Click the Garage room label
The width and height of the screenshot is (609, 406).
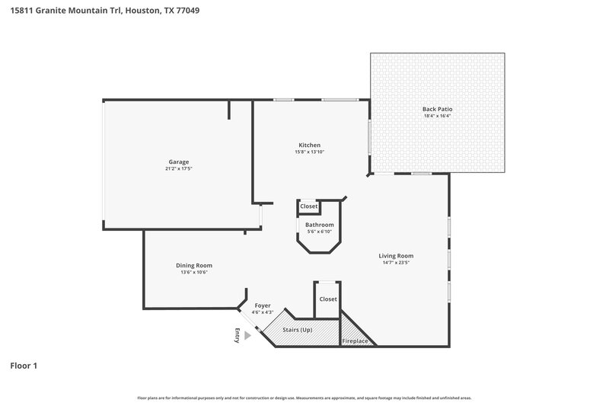click(179, 161)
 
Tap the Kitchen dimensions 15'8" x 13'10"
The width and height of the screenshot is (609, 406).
click(309, 152)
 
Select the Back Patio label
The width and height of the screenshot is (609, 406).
click(438, 110)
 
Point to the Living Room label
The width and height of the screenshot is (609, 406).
click(396, 256)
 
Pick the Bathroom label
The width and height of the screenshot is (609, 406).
click(320, 225)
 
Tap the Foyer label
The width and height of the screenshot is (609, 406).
click(263, 305)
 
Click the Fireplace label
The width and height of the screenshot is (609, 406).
click(355, 340)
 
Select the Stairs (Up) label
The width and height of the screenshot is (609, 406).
click(298, 331)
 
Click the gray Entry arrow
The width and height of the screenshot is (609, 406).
click(247, 333)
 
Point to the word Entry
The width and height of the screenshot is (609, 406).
click(238, 336)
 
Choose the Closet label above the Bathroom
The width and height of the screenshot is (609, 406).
click(309, 206)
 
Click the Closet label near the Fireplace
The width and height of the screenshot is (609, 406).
click(328, 299)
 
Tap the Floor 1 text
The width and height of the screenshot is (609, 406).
click(24, 366)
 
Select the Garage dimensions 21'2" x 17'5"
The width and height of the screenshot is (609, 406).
click(179, 168)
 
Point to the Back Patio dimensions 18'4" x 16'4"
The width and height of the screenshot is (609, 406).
click(438, 117)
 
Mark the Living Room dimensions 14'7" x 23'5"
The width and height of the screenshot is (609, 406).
click(396, 263)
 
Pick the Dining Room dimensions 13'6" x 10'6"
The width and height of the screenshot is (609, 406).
click(195, 272)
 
